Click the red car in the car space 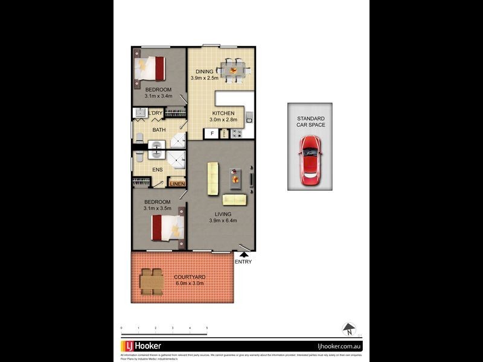[310, 160]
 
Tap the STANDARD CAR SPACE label [310, 121]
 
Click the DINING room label [204, 72]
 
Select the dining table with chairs [232, 70]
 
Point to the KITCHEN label [223, 113]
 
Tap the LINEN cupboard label [177, 183]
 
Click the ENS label [157, 170]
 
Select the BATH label [159, 130]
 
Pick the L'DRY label [155, 113]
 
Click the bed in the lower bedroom [167, 227]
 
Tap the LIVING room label [223, 214]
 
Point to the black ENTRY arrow [243, 255]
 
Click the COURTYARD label [190, 277]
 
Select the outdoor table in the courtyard [151, 281]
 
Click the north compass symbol [349, 329]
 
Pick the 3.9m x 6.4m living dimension [223, 220]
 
